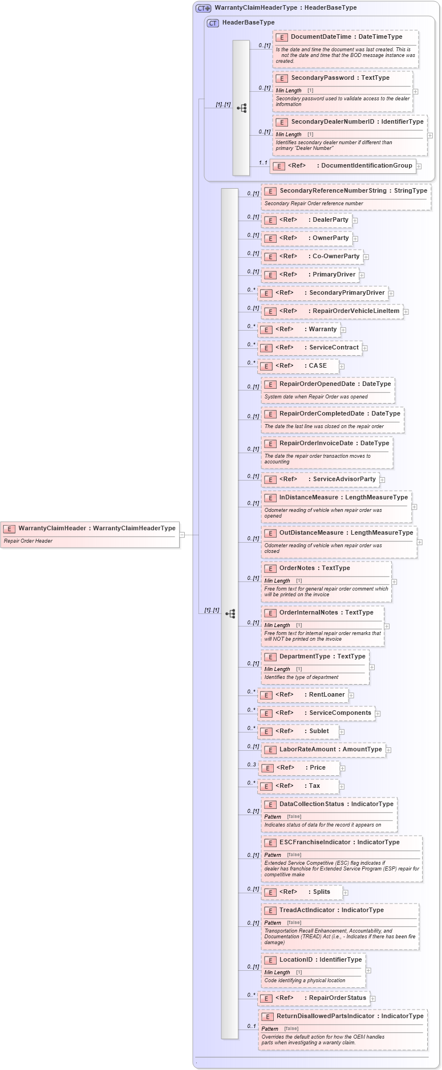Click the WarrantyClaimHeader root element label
(52, 528)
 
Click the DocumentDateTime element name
(321, 37)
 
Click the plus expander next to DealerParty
(355, 221)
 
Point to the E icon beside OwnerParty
(270, 238)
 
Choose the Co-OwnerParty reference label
(336, 257)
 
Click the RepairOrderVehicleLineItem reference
(355, 311)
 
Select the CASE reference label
(318, 366)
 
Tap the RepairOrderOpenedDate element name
(317, 384)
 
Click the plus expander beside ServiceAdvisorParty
(382, 480)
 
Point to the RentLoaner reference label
(327, 695)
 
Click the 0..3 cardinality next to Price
(252, 765)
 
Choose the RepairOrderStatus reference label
(337, 998)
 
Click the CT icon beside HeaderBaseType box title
(213, 23)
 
